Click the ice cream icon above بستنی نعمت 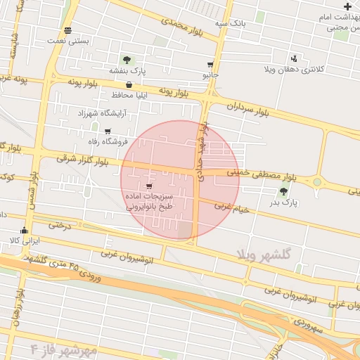tap(67, 30)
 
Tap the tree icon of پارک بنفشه tap(127, 60)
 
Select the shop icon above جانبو tap(210, 63)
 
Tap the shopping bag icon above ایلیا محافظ tap(129, 84)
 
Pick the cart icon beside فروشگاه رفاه tap(108, 131)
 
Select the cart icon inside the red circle tap(148, 186)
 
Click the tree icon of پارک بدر tap(283, 191)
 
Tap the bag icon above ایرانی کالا tap(25, 230)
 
